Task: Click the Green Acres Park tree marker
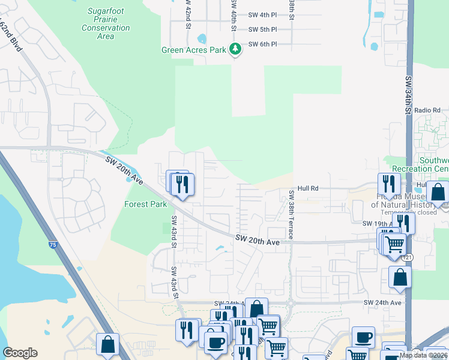point(236,49)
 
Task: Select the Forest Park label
point(145,204)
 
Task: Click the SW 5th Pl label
point(262,29)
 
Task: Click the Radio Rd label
point(427,110)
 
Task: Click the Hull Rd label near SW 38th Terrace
point(306,188)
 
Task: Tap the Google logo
point(20,353)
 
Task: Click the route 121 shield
point(408,257)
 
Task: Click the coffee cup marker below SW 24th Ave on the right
point(363,338)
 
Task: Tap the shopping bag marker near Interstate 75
point(108,345)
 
